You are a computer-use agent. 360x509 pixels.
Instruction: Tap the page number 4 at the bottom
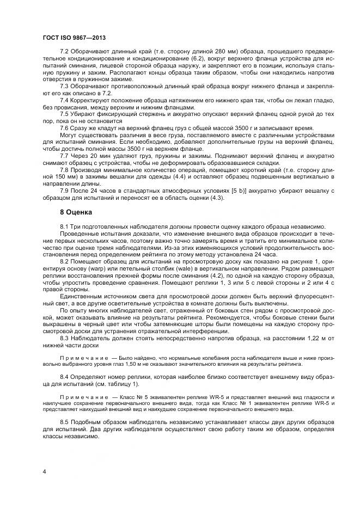(44, 471)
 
